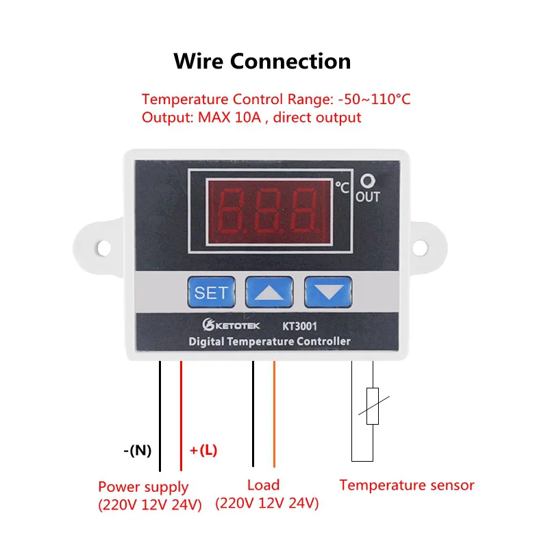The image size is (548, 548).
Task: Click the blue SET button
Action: (x=211, y=292)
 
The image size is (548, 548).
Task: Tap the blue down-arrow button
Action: (x=328, y=292)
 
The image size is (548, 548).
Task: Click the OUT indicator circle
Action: (x=368, y=182)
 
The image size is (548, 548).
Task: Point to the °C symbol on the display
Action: (x=342, y=186)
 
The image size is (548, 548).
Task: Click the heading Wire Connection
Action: (x=262, y=61)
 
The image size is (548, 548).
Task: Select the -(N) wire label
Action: (x=138, y=450)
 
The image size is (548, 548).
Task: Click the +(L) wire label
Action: (x=203, y=450)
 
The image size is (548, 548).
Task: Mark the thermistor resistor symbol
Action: (x=373, y=406)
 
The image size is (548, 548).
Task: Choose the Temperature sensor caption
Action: (x=407, y=485)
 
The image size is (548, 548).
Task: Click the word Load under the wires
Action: (x=263, y=485)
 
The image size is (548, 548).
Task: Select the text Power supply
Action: (x=143, y=487)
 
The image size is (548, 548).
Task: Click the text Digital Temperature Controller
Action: (x=269, y=341)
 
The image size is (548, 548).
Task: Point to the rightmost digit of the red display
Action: (x=303, y=210)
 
